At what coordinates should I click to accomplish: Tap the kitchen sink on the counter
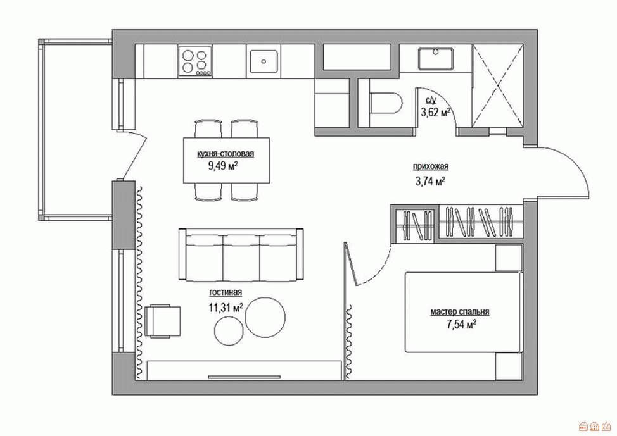pyautogui.click(x=264, y=61)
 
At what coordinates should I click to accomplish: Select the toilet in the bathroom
pyautogui.click(x=386, y=104)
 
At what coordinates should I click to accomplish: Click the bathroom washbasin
pyautogui.click(x=435, y=59)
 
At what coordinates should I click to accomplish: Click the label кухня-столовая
pyautogui.click(x=226, y=154)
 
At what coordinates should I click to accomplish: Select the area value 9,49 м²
pyautogui.click(x=223, y=166)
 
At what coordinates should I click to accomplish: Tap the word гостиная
pyautogui.click(x=226, y=292)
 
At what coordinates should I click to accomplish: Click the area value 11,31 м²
pyautogui.click(x=226, y=307)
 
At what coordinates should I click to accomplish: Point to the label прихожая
pyautogui.click(x=431, y=166)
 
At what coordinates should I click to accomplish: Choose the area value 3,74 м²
pyautogui.click(x=431, y=181)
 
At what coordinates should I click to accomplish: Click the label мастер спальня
pyautogui.click(x=460, y=312)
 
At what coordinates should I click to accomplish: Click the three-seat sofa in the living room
pyautogui.click(x=241, y=255)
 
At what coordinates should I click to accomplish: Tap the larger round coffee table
pyautogui.click(x=265, y=317)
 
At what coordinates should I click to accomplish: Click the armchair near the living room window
pyautogui.click(x=163, y=321)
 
